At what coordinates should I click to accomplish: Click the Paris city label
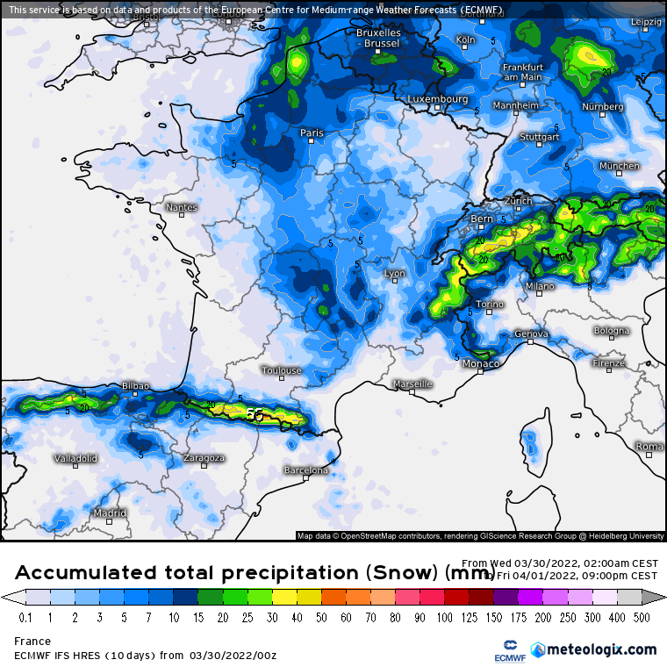[x=312, y=133]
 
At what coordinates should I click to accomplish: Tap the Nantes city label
[x=182, y=208]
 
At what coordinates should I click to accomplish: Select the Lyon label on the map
[x=395, y=274]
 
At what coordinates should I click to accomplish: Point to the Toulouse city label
[x=281, y=370]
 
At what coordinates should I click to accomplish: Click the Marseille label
[x=412, y=384]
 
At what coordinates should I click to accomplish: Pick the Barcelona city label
[x=305, y=470]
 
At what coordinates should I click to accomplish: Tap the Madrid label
[x=110, y=513]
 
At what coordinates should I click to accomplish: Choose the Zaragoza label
[x=204, y=458]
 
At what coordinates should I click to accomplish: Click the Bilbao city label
[x=135, y=385]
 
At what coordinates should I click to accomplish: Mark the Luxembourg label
[x=437, y=99]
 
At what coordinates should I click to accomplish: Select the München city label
[x=620, y=166]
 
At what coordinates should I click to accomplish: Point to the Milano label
[x=540, y=286]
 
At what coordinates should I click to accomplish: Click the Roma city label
[x=649, y=447]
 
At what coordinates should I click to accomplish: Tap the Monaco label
[x=481, y=363]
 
